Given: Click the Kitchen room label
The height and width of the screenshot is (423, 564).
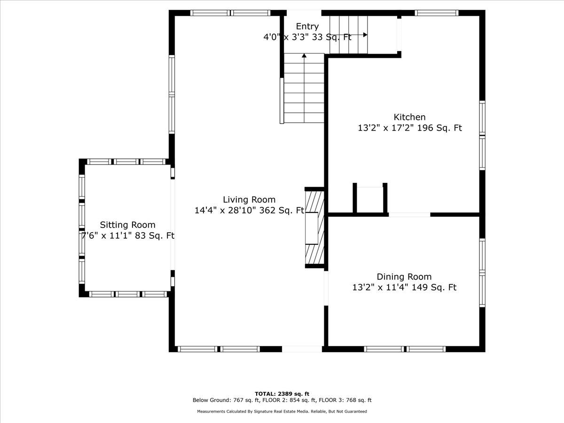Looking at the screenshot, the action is pos(409,117).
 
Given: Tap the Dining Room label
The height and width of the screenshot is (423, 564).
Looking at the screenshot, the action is pos(404,277).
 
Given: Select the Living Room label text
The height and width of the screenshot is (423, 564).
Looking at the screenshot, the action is pos(249,200).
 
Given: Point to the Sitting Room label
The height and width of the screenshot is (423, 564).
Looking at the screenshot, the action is pos(128,225).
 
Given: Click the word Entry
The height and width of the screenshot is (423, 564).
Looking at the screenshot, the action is pos(307,26).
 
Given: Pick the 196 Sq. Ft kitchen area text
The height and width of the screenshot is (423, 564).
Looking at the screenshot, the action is pos(439,128).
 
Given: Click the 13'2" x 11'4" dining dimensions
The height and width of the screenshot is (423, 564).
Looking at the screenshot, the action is pos(380,287).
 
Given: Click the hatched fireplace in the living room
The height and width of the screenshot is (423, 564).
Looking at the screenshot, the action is pos(314,227).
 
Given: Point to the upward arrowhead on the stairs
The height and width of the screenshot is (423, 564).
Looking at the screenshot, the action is pos(304,55).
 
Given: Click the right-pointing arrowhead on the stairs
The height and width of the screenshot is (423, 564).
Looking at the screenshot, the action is pos(365,35).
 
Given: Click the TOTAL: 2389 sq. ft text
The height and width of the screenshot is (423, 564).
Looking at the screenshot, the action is pos(282,394).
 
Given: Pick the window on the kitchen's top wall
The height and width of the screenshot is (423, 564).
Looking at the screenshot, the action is pos(437,13).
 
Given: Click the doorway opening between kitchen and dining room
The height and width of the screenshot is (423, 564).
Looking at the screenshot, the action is pos(409,215).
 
